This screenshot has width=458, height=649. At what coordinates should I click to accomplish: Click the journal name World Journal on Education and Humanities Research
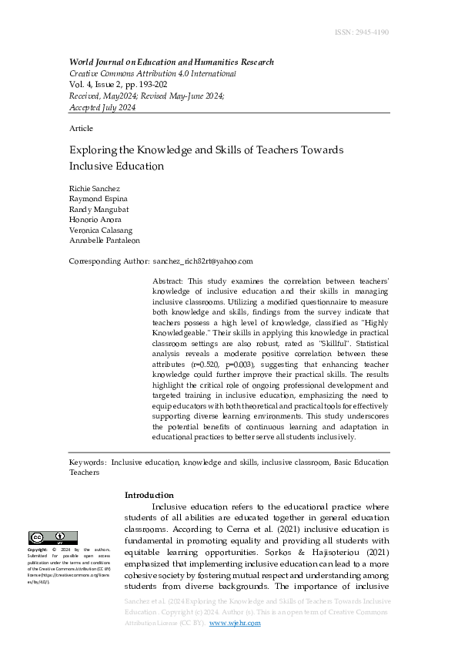pyautogui.click(x=172, y=62)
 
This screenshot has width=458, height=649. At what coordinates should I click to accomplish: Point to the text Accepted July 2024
pyautogui.click(x=102, y=107)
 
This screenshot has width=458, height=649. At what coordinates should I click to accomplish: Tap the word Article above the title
pyautogui.click(x=81, y=128)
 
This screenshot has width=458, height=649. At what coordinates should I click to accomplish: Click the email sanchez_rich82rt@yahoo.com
pyautogui.click(x=203, y=261)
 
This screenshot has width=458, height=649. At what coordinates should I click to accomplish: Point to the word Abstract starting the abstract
pyautogui.click(x=169, y=283)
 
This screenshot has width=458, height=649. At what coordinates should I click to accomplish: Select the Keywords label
pyautogui.click(x=88, y=462)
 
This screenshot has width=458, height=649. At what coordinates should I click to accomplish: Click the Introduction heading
pyautogui.click(x=149, y=495)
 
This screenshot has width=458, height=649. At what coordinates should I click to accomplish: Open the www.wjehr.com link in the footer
pyautogui.click(x=235, y=623)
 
